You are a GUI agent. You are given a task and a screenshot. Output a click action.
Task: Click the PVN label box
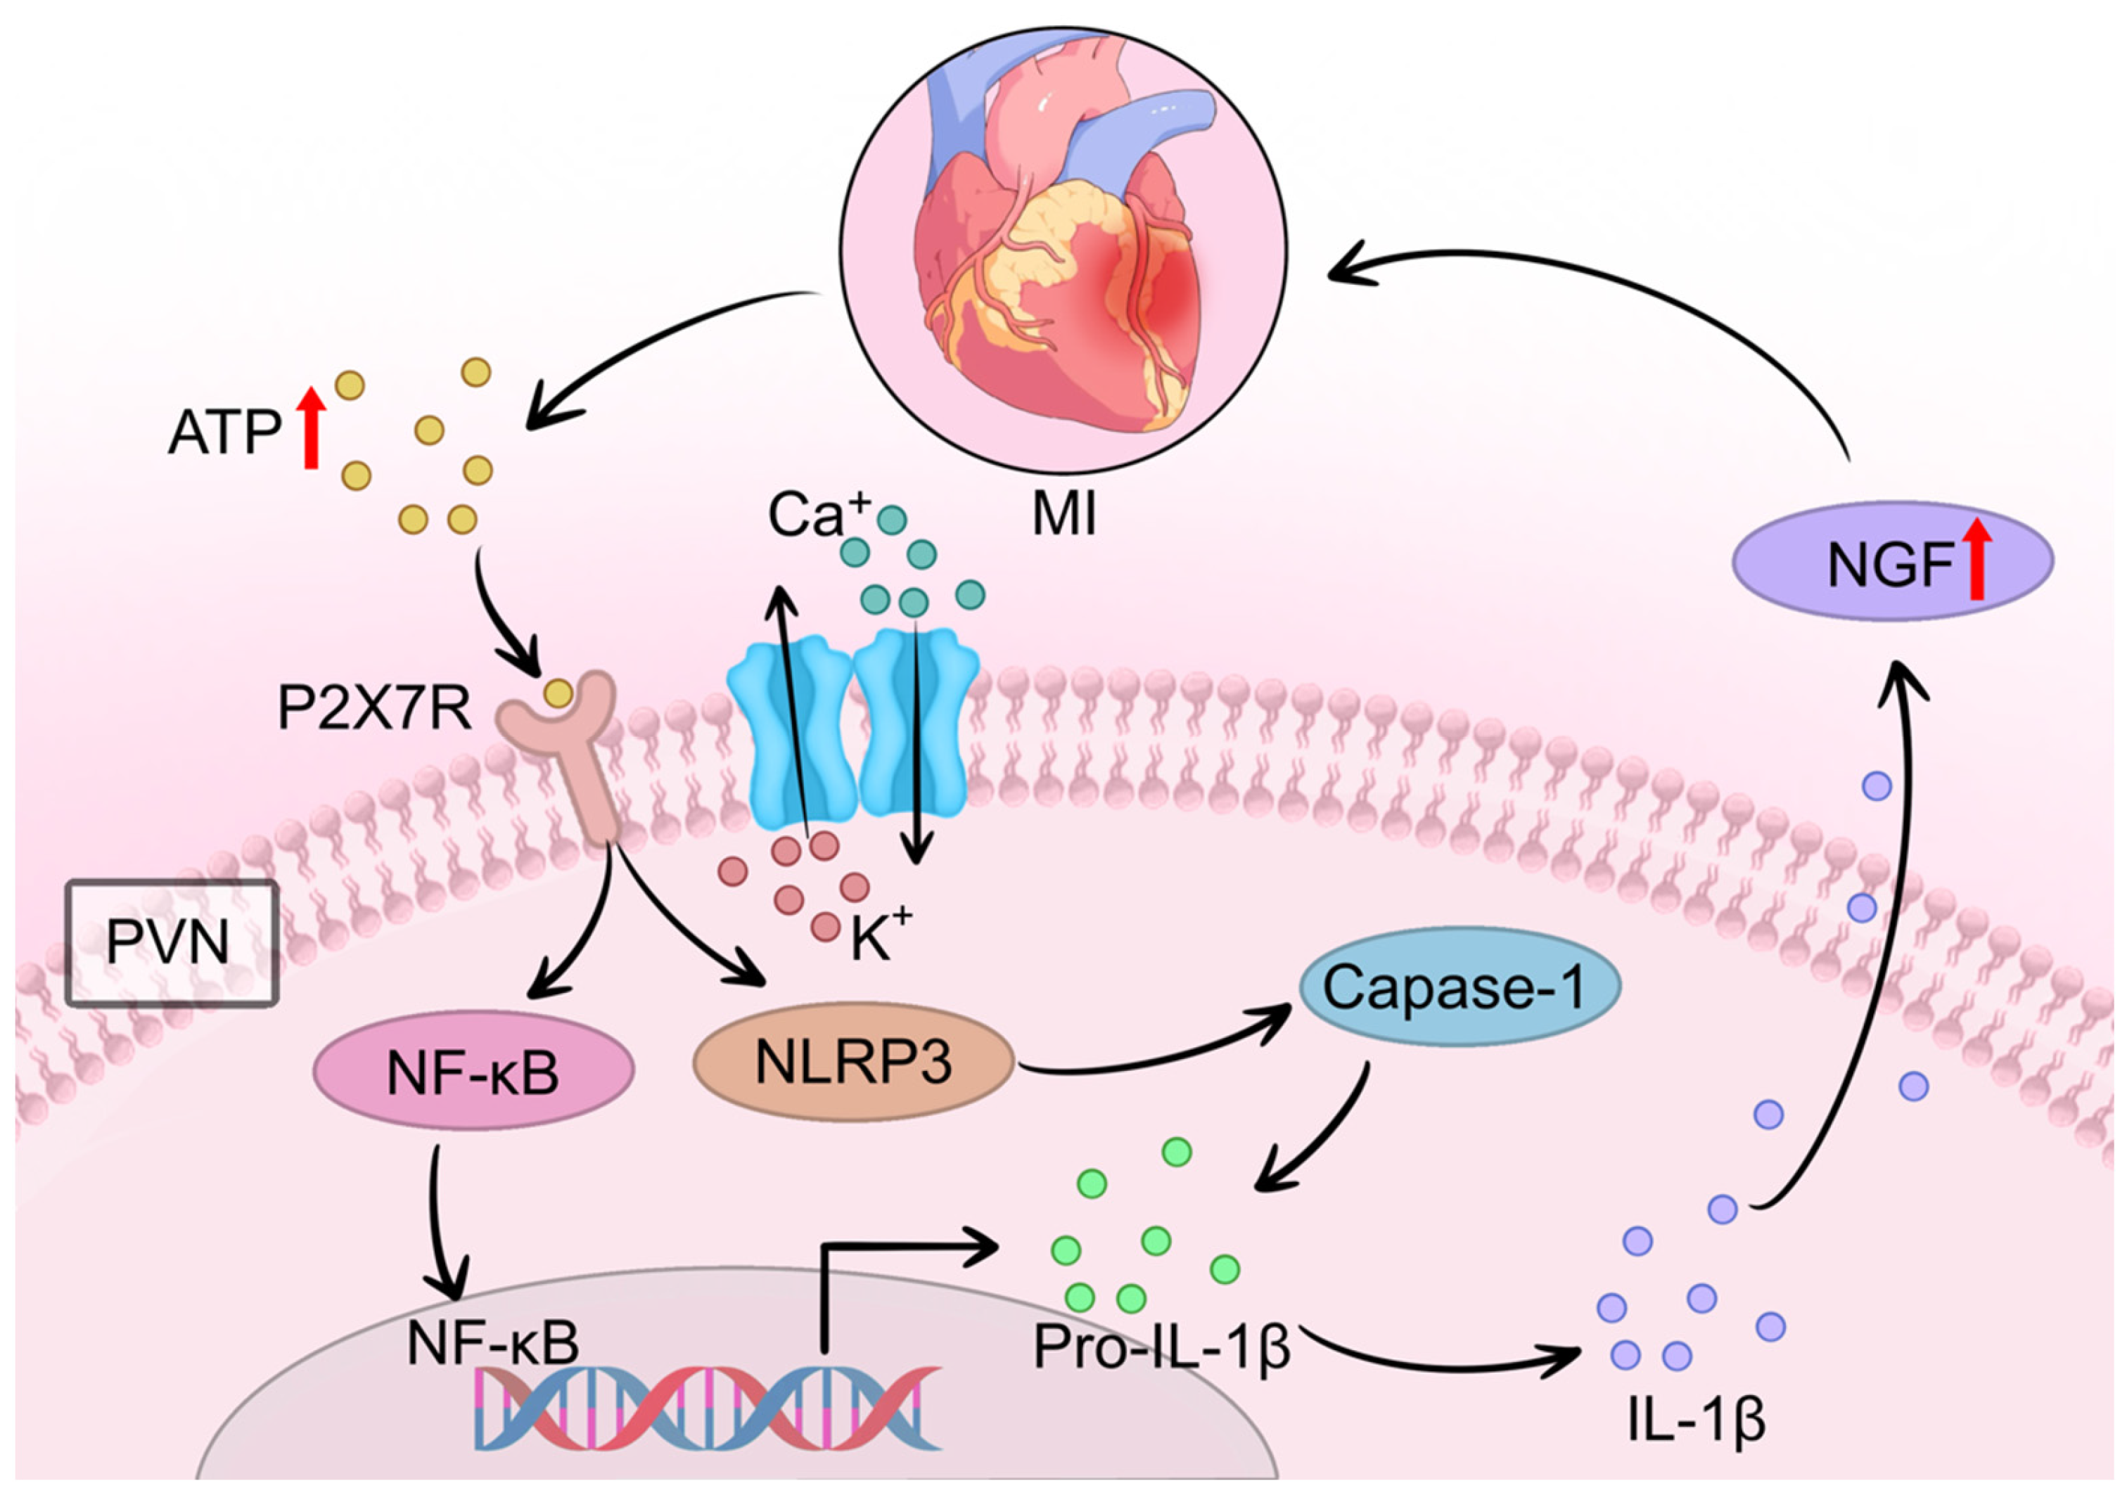(x=172, y=942)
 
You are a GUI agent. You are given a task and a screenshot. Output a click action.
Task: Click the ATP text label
(x=224, y=432)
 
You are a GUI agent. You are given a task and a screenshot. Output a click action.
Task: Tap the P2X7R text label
(x=374, y=710)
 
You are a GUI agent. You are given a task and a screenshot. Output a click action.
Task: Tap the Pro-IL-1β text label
(x=1162, y=1348)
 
